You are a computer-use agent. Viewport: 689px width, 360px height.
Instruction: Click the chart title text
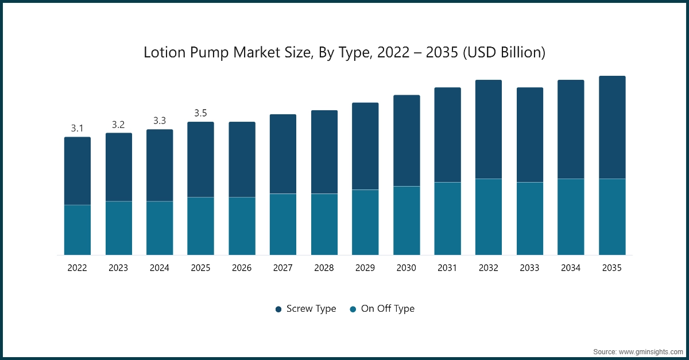[344, 53]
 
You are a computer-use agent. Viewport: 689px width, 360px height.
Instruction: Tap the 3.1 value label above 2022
[78, 129]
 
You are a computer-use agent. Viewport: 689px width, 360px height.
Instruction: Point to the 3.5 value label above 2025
[200, 113]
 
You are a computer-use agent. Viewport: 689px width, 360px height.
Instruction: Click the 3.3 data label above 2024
[160, 121]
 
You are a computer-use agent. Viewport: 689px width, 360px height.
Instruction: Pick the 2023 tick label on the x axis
[118, 268]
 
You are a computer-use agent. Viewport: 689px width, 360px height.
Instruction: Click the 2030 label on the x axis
[407, 268]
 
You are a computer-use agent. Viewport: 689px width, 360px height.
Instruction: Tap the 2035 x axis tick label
[612, 268]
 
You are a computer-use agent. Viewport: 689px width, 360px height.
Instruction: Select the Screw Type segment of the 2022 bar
[78, 171]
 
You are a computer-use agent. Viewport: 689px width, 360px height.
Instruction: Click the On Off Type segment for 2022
[78, 230]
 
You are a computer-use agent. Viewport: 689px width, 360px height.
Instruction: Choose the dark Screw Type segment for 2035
[612, 127]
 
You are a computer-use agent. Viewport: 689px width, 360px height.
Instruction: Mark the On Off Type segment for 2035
[612, 217]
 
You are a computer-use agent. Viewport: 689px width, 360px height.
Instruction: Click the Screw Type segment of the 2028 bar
[324, 152]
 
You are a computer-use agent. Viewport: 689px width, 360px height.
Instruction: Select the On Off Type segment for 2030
[407, 220]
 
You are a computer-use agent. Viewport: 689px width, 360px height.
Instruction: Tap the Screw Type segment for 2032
[489, 129]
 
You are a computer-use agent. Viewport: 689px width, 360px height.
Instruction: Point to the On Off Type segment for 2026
[242, 226]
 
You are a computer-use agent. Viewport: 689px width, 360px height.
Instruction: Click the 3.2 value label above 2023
[118, 125]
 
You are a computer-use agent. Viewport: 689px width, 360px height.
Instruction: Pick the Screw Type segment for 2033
[530, 135]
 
